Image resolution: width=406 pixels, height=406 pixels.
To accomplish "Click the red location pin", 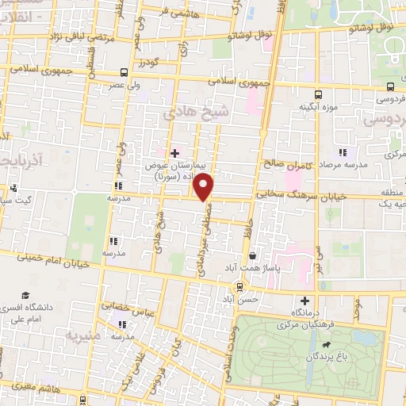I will pos(205,187).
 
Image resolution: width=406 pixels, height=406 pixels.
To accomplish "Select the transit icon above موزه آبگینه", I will pos(318,94).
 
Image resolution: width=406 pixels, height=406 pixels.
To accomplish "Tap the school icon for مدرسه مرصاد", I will pos(343,152).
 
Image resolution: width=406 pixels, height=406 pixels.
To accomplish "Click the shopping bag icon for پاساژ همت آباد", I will pos(252,255).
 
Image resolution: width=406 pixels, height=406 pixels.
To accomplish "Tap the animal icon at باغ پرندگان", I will pos(326,346).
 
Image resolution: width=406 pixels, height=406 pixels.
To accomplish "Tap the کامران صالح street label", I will pos(283,165).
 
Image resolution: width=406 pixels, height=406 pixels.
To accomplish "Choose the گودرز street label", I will pos(147,61).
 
